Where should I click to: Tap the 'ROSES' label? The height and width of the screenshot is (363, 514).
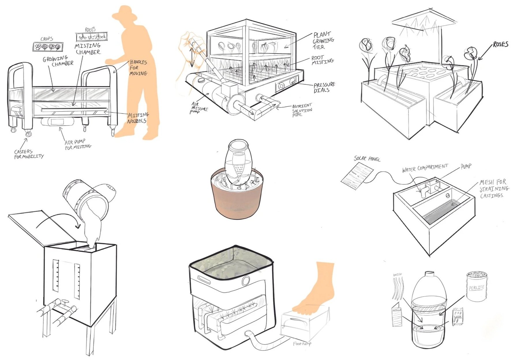500,44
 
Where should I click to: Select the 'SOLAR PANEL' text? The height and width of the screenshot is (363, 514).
367,158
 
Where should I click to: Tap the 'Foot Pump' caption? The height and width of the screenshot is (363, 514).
302,344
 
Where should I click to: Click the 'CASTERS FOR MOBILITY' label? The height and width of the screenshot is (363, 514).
29,154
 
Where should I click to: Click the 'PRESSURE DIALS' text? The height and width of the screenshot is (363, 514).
324,87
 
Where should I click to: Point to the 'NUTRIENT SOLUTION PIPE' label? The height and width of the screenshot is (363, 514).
302,110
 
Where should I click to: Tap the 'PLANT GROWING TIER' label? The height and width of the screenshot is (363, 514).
323,41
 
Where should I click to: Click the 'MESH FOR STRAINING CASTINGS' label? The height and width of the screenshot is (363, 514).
494,189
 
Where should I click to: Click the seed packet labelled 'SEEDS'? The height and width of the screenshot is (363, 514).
457,316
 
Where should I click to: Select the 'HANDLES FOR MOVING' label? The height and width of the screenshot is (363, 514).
138,68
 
